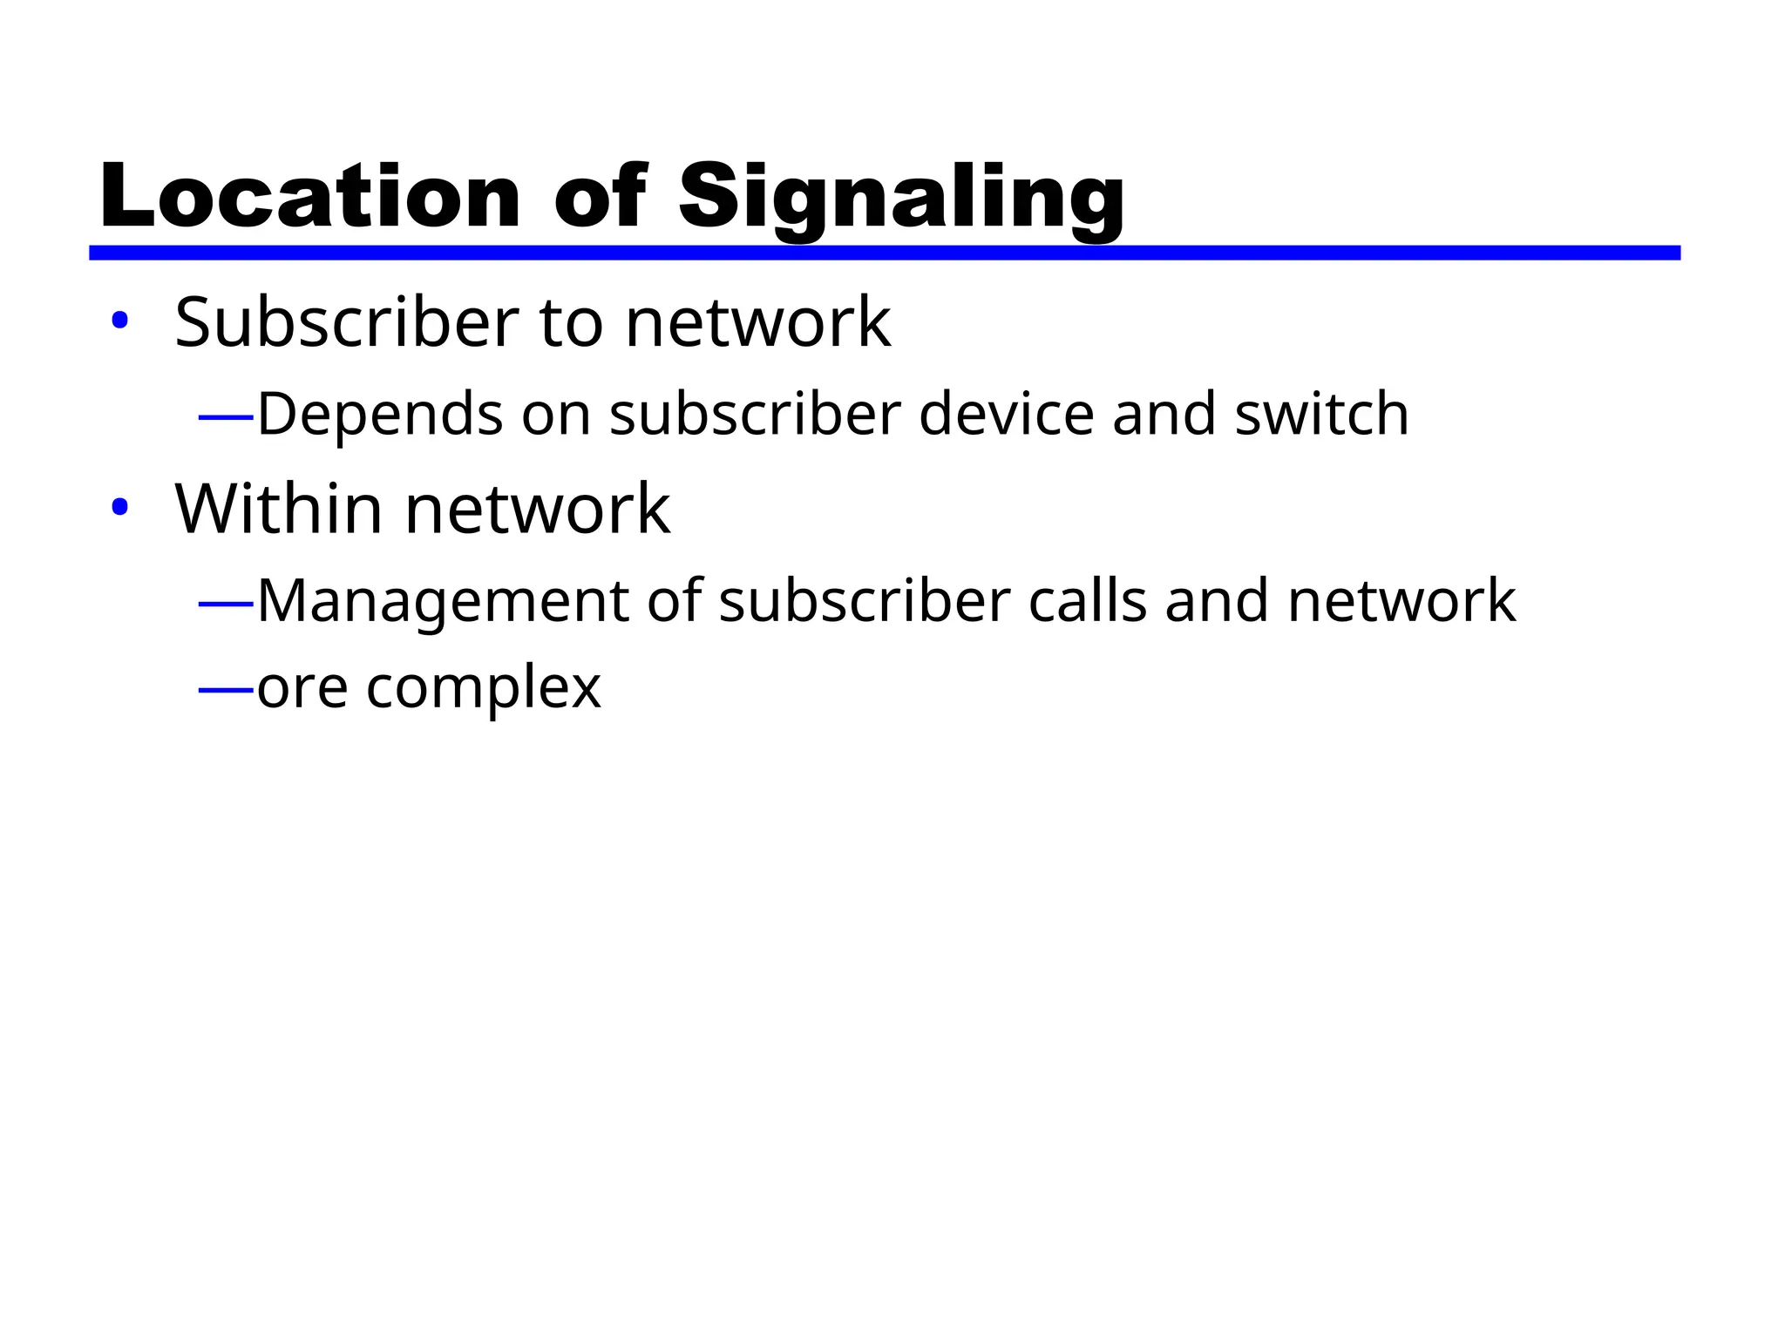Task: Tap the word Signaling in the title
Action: (x=901, y=199)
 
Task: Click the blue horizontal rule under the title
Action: (x=884, y=253)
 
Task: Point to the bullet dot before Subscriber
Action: (x=119, y=321)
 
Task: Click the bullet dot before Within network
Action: (x=119, y=508)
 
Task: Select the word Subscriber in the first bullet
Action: (x=347, y=322)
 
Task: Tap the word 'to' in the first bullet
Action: (x=571, y=322)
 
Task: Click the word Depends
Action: (x=380, y=415)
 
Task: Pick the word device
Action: (x=1006, y=415)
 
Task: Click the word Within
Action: (x=279, y=509)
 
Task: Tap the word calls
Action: (x=1087, y=601)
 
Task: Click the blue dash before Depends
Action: (x=226, y=417)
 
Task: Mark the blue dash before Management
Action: (x=226, y=603)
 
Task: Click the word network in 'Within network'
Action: (x=538, y=509)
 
